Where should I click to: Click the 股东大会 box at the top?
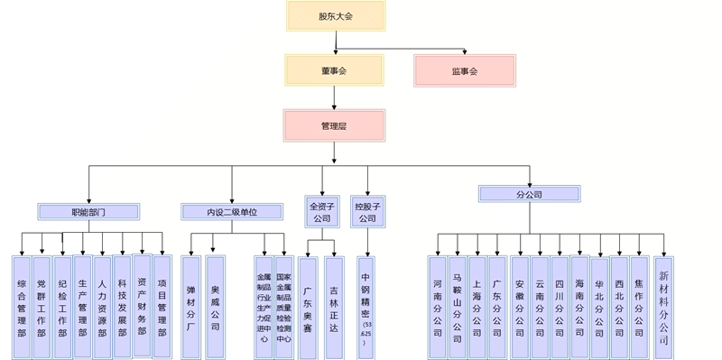336,16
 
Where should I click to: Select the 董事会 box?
335,70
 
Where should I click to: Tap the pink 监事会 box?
465,70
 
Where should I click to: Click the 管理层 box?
334,125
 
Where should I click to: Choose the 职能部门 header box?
88,212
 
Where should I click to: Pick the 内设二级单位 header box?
232,212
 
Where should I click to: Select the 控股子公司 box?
366,212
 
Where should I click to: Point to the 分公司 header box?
529,194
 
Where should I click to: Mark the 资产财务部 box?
143,305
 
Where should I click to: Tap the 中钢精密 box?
366,307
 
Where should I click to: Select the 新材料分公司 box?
663,307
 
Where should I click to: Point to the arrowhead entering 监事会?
464,51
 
